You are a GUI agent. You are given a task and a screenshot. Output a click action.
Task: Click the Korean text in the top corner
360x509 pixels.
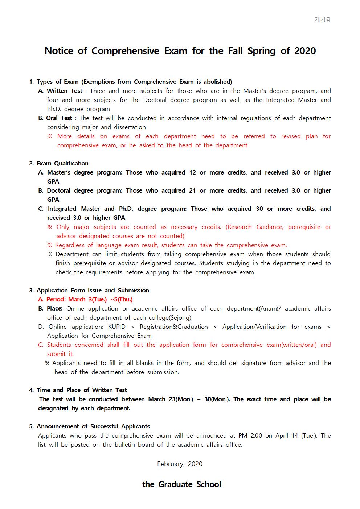(x=322, y=20)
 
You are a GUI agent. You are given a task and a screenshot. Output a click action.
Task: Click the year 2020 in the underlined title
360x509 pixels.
(x=305, y=51)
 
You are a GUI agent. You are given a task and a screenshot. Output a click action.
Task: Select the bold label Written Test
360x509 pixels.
(x=65, y=91)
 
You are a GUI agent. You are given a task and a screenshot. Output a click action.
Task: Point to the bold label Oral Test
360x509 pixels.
(x=59, y=118)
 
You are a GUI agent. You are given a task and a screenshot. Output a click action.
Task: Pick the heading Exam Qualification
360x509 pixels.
(x=62, y=163)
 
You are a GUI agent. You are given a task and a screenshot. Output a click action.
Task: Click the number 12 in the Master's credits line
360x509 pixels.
(x=192, y=172)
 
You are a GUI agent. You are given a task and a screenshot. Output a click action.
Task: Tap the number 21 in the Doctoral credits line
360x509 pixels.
(x=192, y=190)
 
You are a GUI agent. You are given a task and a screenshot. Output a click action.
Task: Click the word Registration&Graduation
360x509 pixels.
(x=173, y=327)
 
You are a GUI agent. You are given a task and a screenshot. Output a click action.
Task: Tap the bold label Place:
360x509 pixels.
(x=54, y=308)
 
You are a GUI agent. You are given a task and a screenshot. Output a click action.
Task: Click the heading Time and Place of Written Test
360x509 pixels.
(x=82, y=390)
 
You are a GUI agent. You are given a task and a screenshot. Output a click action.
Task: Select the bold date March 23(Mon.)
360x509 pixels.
(x=171, y=399)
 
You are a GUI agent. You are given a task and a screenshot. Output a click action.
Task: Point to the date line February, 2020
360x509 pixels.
(x=180, y=464)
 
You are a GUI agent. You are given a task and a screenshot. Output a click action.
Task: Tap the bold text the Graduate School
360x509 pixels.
(x=182, y=484)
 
